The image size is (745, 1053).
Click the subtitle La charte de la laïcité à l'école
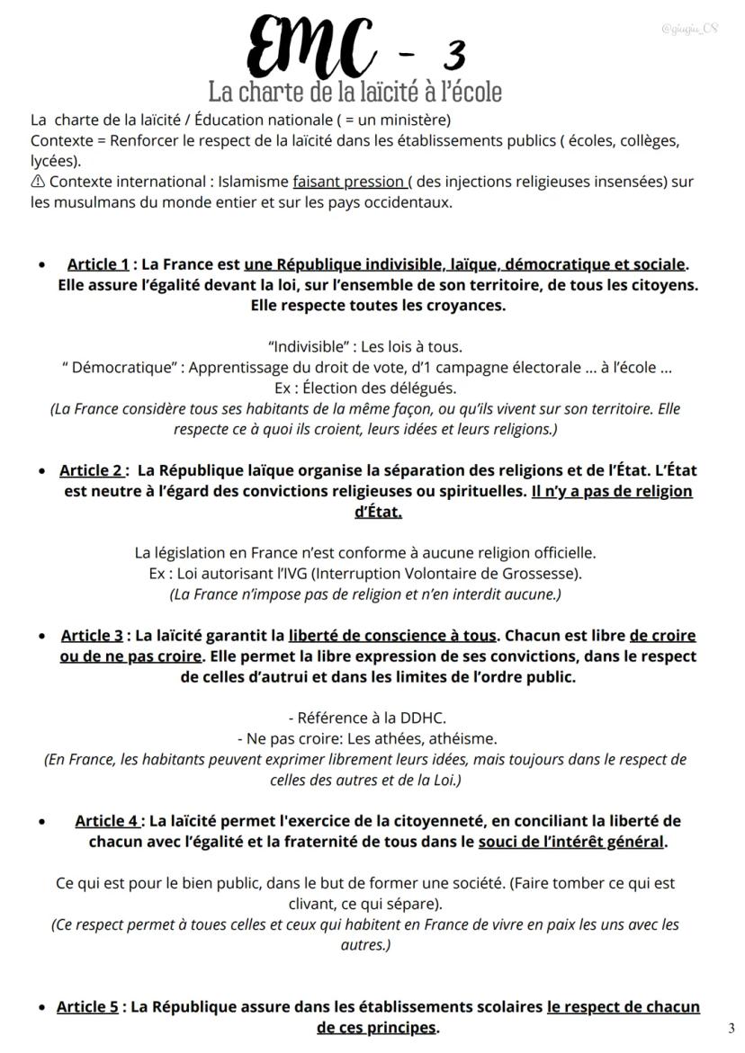(x=355, y=92)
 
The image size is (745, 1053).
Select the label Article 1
(x=98, y=264)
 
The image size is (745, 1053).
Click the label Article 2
(x=91, y=470)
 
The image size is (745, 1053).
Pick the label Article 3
(x=92, y=636)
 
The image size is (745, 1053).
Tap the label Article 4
(x=107, y=821)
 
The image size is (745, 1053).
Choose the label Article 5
(x=87, y=1007)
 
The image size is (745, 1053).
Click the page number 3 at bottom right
(x=731, y=1028)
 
